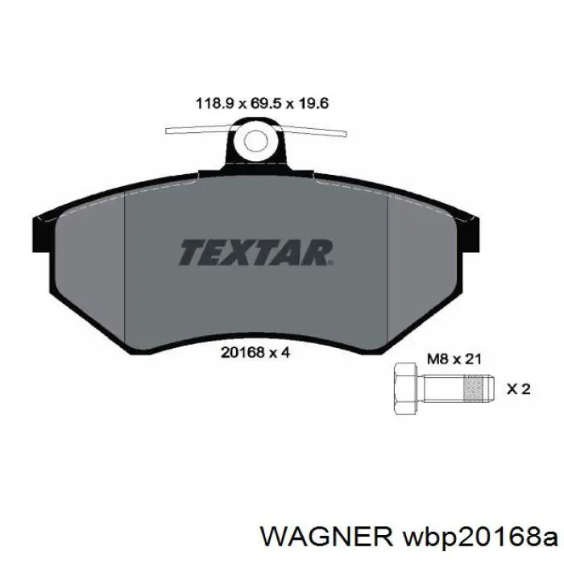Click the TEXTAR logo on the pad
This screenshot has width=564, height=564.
(255, 252)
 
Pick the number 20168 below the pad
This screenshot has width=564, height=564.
(237, 351)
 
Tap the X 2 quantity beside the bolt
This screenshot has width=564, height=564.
(517, 389)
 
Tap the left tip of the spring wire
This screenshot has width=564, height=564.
(168, 131)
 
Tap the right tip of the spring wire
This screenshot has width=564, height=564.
(346, 131)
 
